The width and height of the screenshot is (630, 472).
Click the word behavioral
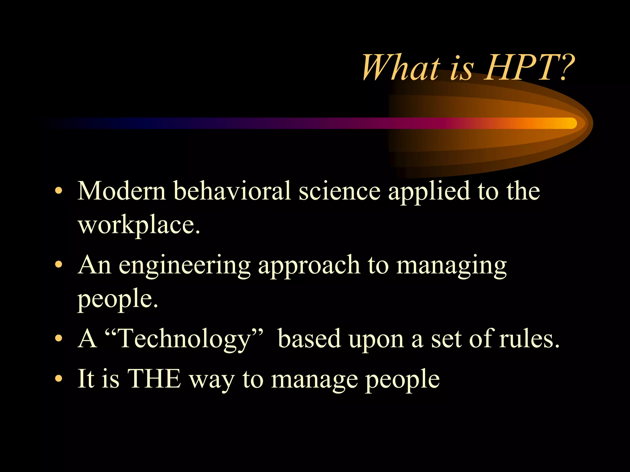pyautogui.click(x=232, y=191)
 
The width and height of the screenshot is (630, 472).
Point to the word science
pyautogui.click(x=340, y=191)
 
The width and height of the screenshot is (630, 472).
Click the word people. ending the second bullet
pyautogui.click(x=118, y=300)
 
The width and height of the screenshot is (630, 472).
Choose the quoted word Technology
pyautogui.click(x=185, y=339)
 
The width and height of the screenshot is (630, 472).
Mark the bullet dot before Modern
pyautogui.click(x=58, y=191)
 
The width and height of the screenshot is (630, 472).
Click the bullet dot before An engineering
pyautogui.click(x=58, y=265)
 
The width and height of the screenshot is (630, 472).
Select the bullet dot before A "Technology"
pyautogui.click(x=58, y=339)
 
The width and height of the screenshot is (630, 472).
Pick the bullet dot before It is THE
pyautogui.click(x=58, y=379)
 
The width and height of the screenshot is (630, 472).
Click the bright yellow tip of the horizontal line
pyautogui.click(x=569, y=123)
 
